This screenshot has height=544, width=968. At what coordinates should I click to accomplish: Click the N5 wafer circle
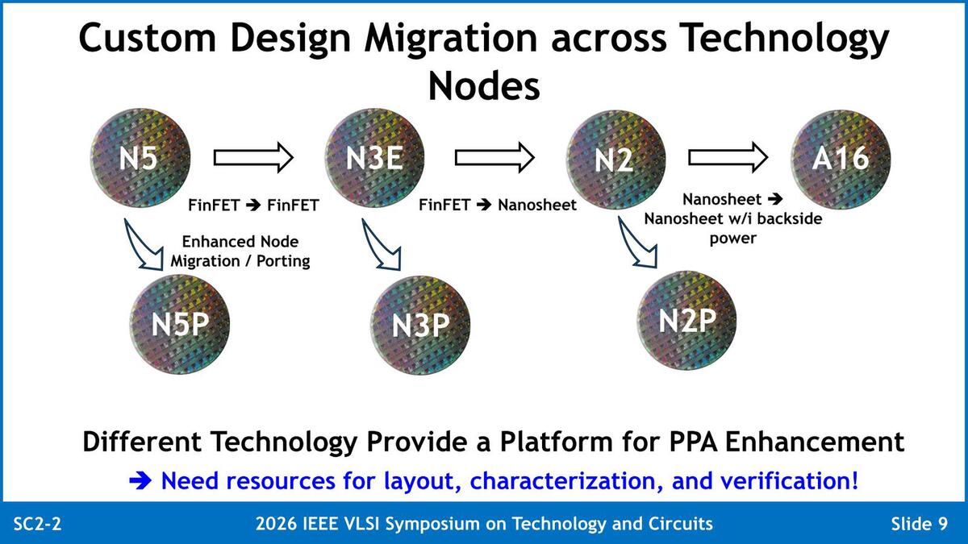click(x=140, y=158)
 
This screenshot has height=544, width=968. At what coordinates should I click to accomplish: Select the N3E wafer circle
click(x=374, y=158)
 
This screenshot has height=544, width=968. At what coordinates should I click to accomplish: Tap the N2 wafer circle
click(x=615, y=160)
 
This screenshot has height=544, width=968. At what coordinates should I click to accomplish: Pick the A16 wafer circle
click(x=841, y=159)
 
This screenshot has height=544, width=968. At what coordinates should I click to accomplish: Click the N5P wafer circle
click(x=180, y=324)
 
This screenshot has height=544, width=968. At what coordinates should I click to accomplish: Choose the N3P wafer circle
click(x=420, y=326)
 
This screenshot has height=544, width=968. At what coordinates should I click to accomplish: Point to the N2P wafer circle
click(x=686, y=321)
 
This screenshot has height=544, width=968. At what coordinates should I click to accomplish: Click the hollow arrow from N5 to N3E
click(x=253, y=158)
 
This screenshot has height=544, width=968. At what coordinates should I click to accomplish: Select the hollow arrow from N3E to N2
click(x=494, y=158)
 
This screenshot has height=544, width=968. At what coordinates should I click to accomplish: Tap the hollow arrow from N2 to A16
click(x=728, y=157)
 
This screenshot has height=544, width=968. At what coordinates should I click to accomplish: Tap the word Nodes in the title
click(x=484, y=85)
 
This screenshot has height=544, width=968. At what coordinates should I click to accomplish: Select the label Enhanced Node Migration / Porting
click(x=240, y=251)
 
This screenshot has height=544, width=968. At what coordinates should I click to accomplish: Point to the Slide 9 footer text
click(x=919, y=524)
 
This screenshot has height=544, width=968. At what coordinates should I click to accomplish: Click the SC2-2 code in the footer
click(x=38, y=524)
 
